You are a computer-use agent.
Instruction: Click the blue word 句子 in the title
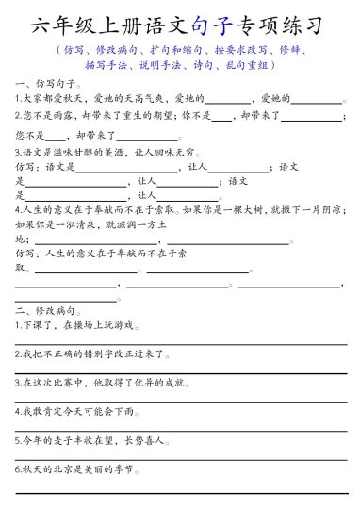click(x=214, y=25)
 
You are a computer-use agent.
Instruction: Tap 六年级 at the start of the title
click(x=58, y=25)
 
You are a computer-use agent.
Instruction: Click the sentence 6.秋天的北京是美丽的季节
click(x=79, y=469)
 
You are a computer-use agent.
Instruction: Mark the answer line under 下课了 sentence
click(x=180, y=343)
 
